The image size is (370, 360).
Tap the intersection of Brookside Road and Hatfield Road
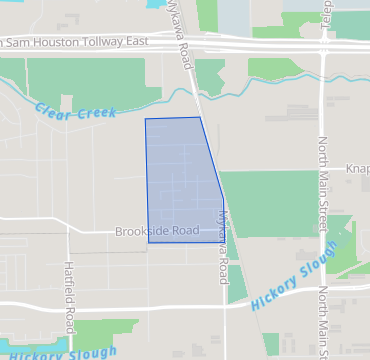(x=68, y=232)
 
